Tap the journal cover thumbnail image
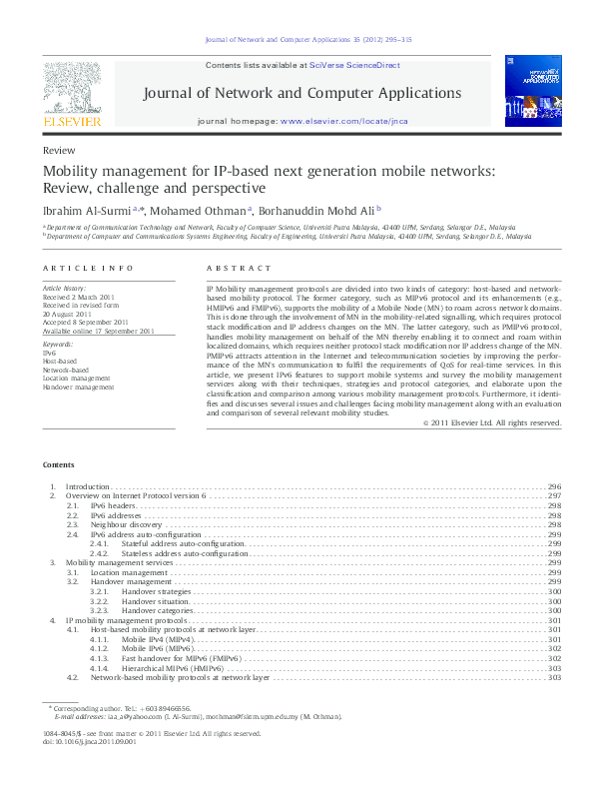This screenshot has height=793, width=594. point(533,93)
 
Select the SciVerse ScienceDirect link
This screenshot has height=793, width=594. point(354,65)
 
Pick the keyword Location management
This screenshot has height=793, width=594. point(77,379)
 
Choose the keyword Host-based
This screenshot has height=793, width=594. point(60,361)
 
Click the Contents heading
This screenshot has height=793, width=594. point(58,465)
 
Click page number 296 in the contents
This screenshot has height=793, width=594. point(555,486)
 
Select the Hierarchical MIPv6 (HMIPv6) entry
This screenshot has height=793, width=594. point(173,667)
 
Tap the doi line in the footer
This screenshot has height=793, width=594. point(88,742)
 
